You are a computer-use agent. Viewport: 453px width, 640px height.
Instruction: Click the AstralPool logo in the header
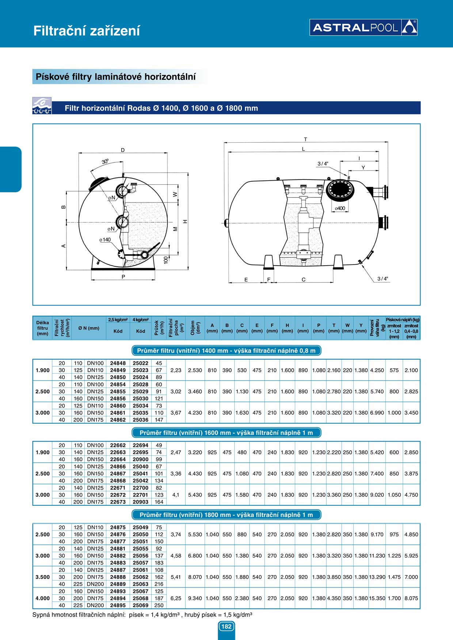coord(363,27)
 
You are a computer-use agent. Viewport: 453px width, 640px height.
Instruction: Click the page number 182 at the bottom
coord(226,626)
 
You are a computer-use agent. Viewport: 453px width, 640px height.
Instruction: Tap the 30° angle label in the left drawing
coord(105,161)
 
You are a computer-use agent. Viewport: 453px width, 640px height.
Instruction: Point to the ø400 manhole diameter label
coord(340,208)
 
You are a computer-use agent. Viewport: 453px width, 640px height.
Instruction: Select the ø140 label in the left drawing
coord(105,240)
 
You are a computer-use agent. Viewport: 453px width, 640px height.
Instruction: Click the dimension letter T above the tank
coord(305,139)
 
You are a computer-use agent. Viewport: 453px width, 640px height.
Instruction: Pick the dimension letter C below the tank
coord(304,279)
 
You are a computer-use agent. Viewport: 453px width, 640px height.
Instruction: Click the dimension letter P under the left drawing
coord(123,277)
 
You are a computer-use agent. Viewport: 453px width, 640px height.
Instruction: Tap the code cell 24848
coord(118,363)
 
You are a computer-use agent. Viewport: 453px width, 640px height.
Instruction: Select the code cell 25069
coord(141,605)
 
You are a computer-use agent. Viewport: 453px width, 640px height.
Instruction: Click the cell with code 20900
coord(141,459)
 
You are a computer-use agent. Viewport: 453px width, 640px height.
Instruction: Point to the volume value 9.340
coord(195,598)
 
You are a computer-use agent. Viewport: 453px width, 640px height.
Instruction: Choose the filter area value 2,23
coord(176,370)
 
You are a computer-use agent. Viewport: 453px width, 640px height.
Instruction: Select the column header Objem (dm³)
coord(195,328)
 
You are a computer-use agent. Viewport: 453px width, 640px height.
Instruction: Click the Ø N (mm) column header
coord(89,328)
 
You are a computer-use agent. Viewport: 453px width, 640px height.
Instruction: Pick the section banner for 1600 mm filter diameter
coord(226,433)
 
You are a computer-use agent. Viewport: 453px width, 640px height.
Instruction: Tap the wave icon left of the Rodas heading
coord(42,106)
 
